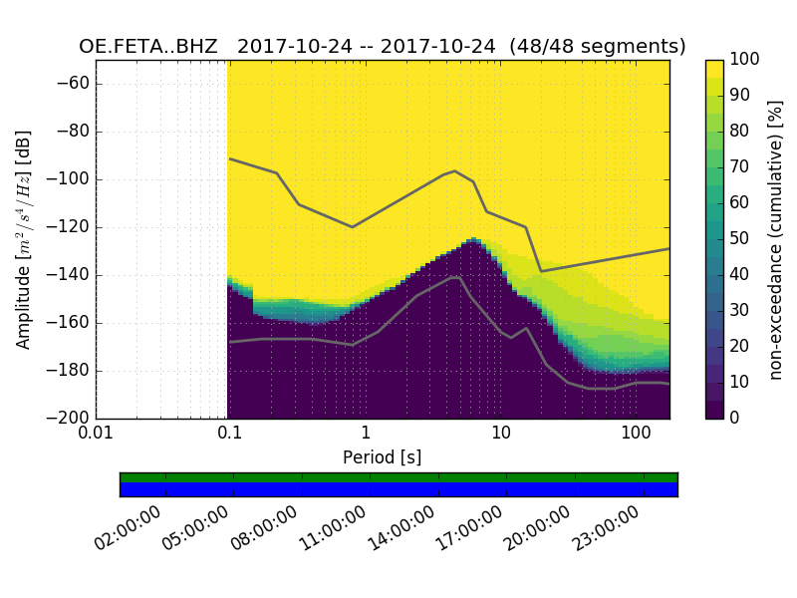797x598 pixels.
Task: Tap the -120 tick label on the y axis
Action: pyautogui.click(x=71, y=227)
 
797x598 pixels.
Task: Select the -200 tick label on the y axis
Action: pyautogui.click(x=71, y=419)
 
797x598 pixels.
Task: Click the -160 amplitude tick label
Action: pyautogui.click(x=71, y=323)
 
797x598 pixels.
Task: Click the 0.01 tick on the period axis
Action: pyautogui.click(x=96, y=434)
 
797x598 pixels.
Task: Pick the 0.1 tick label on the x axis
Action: pyautogui.click(x=230, y=434)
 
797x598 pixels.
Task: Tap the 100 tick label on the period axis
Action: pyautogui.click(x=636, y=434)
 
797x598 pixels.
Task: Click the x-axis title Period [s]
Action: pyautogui.click(x=383, y=457)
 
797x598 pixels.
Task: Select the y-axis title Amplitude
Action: pyautogui.click(x=24, y=239)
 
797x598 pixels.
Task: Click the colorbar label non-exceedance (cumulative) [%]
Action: pyautogui.click(x=776, y=239)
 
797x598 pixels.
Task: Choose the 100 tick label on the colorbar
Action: pyautogui.click(x=745, y=60)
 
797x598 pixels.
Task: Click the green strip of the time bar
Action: pyautogui.click(x=398, y=477)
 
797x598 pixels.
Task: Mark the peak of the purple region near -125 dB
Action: pyautogui.click(x=474, y=239)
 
